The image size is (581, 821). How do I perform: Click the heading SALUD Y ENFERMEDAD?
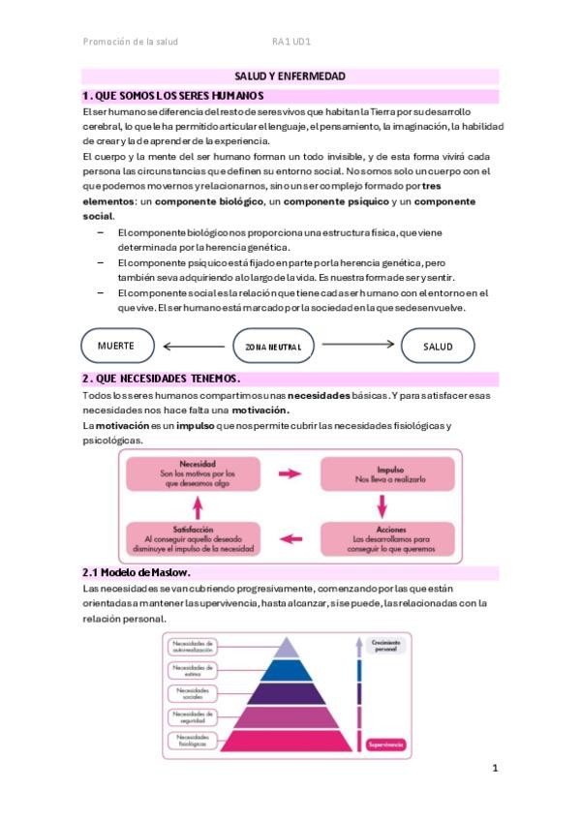tap(290, 76)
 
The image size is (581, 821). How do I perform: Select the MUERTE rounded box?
tap(116, 346)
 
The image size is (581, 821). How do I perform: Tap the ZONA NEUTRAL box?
tap(273, 347)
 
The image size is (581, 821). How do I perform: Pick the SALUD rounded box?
tap(438, 347)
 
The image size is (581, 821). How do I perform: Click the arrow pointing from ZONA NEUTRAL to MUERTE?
tap(194, 346)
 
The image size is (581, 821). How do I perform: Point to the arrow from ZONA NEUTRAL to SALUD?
tap(358, 344)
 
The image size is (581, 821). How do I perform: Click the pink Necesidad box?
tap(198, 474)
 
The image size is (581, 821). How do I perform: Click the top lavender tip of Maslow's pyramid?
tap(290, 647)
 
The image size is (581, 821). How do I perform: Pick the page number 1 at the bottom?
tap(495, 769)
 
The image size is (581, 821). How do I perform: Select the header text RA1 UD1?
tap(290, 42)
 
